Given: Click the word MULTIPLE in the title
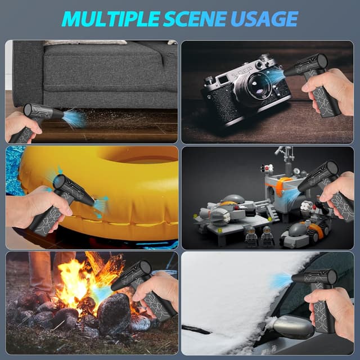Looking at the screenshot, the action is click(111, 19).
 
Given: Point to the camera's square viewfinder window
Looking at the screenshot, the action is click(222, 80).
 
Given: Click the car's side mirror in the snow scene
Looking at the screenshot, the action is click(293, 327).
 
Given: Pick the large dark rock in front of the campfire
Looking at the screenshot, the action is click(114, 314).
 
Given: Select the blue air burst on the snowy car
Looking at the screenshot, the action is click(281, 281).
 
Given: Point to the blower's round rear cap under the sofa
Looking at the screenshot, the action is click(28, 110).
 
